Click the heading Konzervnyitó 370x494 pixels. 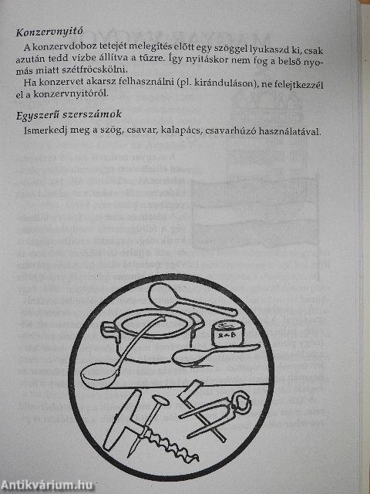pos(49,34)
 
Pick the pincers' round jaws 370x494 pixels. pos(242,402)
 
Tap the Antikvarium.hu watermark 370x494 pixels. pos(47,484)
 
